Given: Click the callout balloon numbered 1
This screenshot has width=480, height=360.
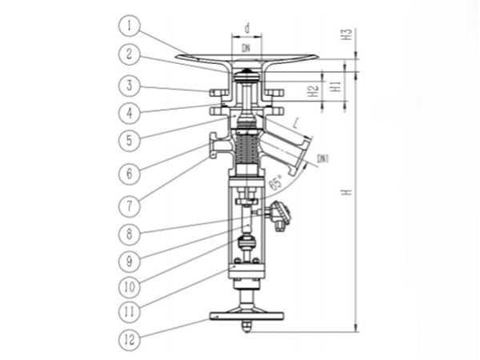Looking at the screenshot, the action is click(x=129, y=26).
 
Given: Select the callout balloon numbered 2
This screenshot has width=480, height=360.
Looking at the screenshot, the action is click(x=129, y=54).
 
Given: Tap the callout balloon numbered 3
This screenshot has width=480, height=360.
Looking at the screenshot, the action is click(x=129, y=85).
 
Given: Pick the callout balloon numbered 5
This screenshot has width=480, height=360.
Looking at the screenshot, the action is click(x=129, y=140).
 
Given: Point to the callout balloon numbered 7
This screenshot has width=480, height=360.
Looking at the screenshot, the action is click(x=129, y=206).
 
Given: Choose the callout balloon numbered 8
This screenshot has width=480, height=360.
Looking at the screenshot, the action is click(x=129, y=234).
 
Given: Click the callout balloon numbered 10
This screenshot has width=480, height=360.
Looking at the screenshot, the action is click(x=129, y=287).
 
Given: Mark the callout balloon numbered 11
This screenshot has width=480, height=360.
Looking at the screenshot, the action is click(x=129, y=312).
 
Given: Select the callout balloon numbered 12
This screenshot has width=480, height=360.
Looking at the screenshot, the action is click(x=129, y=340).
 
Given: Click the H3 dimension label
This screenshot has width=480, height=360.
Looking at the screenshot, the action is click(x=346, y=34).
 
